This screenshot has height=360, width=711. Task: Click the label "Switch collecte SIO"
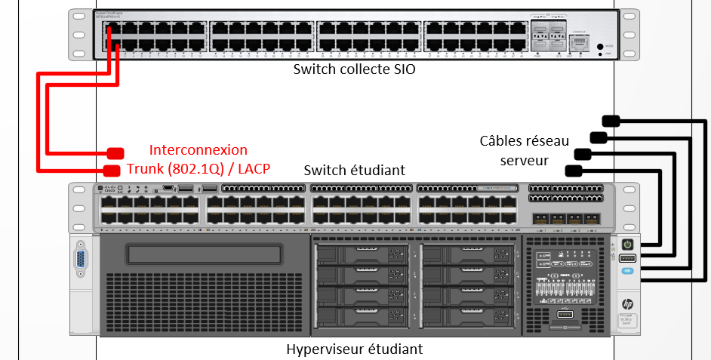[x=354, y=70]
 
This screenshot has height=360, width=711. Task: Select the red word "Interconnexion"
[x=198, y=149]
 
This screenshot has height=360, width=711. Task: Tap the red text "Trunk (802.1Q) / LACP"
[x=199, y=168]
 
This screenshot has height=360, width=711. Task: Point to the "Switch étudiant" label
[x=354, y=171]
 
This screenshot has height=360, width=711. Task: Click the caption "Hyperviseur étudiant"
[x=354, y=349]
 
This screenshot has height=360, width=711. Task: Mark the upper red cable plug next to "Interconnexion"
[x=115, y=152]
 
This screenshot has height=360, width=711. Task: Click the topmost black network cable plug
[x=611, y=120]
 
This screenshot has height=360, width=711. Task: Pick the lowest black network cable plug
[x=573, y=171]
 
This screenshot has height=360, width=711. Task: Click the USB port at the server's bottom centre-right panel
[x=566, y=313]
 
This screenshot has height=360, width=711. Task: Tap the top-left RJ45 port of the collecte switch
[x=110, y=29]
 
